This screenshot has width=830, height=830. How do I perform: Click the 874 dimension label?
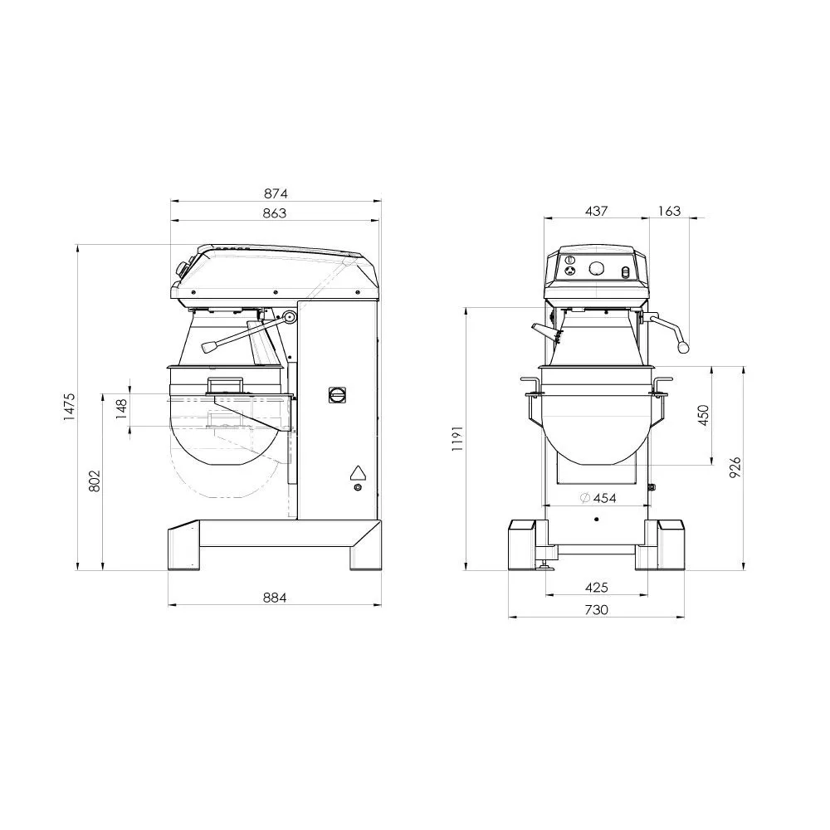(x=276, y=193)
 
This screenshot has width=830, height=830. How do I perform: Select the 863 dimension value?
(x=275, y=213)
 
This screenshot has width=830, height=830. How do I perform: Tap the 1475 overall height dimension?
(x=70, y=407)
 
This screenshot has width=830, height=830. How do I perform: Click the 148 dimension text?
(x=122, y=408)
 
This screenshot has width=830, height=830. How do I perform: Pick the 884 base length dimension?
(x=275, y=598)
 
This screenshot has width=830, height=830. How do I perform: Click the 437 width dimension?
(x=596, y=211)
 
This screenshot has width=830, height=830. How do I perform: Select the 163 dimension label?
(x=668, y=211)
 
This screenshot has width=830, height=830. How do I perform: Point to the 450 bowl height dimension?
(x=704, y=415)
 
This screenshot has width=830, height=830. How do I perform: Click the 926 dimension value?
(x=735, y=467)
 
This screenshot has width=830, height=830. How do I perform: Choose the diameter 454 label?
(x=597, y=497)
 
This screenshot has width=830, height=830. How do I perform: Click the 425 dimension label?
(x=596, y=588)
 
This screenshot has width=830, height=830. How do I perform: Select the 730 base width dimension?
(x=596, y=610)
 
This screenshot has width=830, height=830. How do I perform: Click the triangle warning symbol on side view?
(x=358, y=472)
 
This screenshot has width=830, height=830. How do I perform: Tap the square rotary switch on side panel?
(x=338, y=395)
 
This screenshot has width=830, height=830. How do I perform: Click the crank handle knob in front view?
(x=684, y=348)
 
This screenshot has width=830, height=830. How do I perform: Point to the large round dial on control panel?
(x=596, y=268)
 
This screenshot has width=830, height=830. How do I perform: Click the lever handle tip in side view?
(x=206, y=347)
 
